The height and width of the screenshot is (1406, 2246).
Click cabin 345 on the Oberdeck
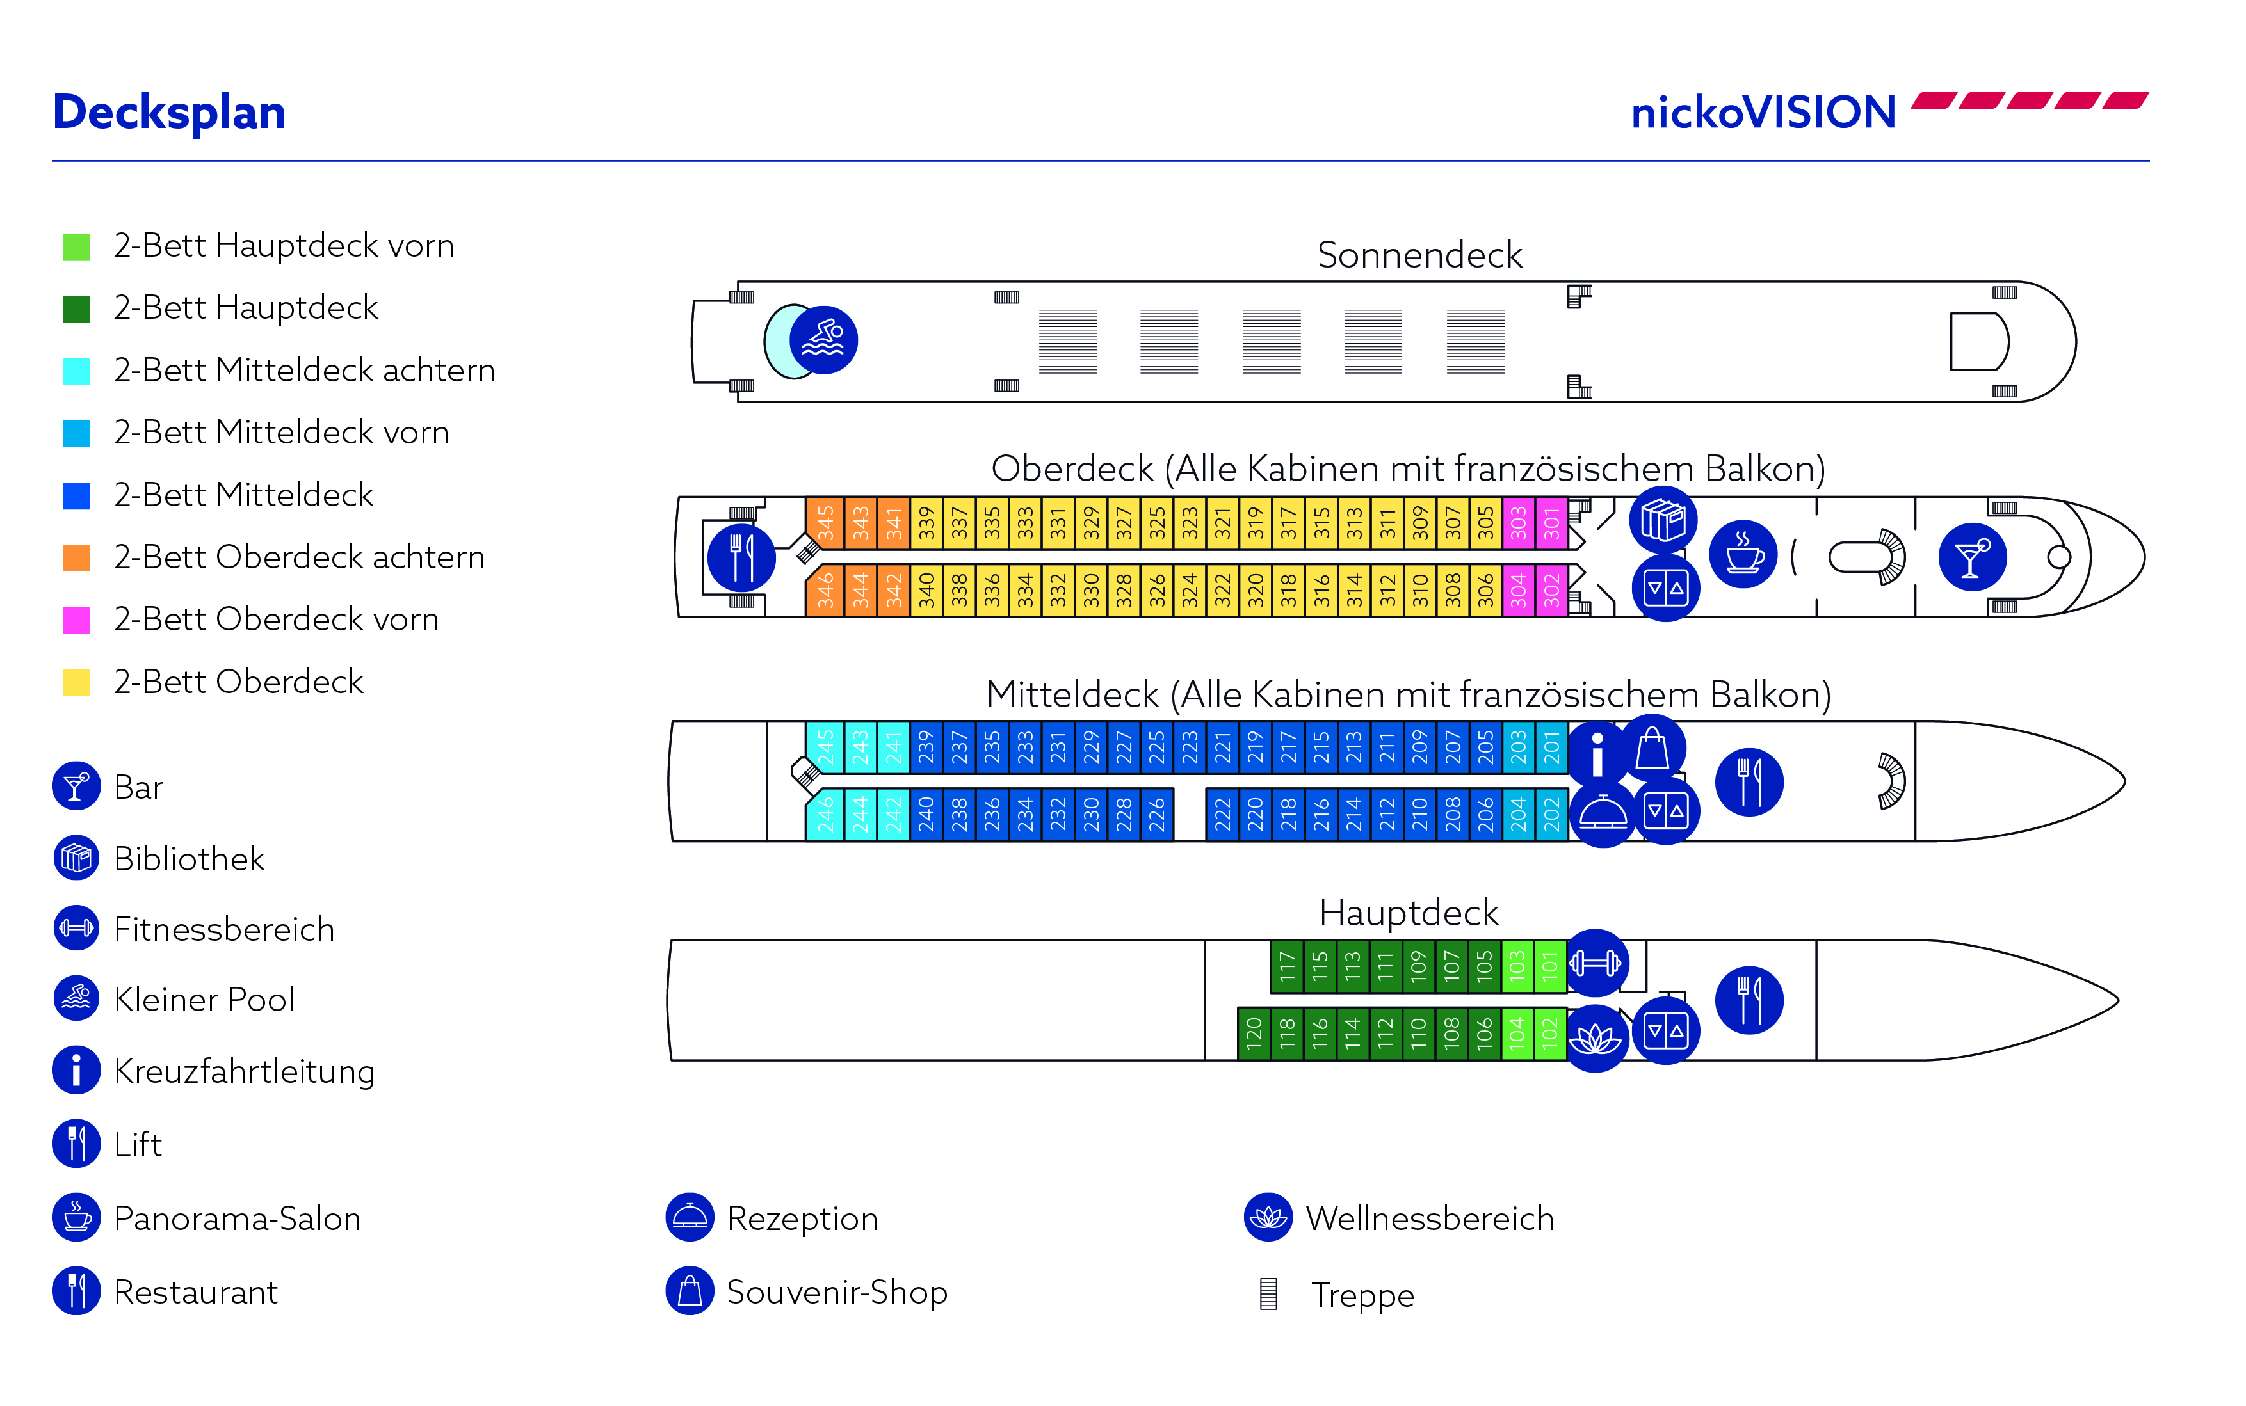coord(824,523)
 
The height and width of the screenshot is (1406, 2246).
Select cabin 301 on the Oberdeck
coord(1551,523)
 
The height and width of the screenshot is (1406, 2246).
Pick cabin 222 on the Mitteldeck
coord(1222,815)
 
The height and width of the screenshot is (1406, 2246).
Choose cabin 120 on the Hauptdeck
coord(1254,1033)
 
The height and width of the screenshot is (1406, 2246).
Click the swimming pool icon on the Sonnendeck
coord(823,340)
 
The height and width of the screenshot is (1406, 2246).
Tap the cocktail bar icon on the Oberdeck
coord(1971,557)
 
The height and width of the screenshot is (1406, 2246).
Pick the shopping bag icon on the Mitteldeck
coord(1652,749)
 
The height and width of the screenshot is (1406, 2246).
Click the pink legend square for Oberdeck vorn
coord(76,620)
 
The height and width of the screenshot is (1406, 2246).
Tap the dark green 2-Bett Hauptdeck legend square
coord(76,308)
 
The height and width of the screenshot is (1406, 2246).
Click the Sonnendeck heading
coord(1419,255)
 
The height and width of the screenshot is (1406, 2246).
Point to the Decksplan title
coord(169,113)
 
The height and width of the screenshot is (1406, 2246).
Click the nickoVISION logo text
coord(1763,113)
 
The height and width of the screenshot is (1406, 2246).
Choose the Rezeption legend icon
coord(690,1217)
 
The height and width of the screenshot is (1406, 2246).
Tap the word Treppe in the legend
coord(1362,1295)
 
